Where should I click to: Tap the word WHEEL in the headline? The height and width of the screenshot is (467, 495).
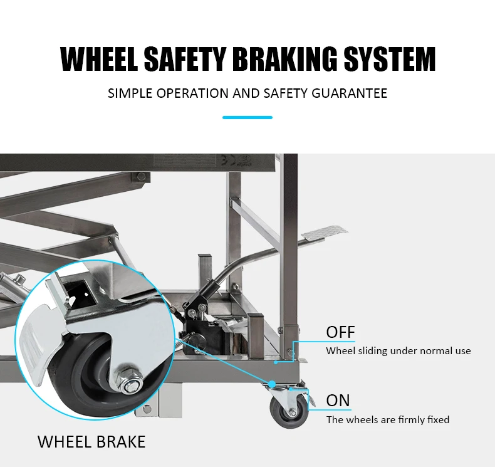click(x=99, y=59)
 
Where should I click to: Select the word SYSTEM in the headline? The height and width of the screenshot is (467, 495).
click(x=390, y=59)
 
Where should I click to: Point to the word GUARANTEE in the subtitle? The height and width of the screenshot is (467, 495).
click(x=350, y=93)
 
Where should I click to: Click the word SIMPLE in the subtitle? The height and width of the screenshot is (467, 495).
click(x=130, y=93)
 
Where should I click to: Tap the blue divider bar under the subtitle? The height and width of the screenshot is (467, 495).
click(x=247, y=117)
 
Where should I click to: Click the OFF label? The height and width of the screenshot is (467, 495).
click(x=341, y=332)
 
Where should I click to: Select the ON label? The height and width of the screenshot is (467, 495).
click(x=338, y=401)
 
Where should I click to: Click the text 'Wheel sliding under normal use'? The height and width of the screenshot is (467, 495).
click(x=399, y=351)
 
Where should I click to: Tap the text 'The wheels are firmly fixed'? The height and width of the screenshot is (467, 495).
click(x=388, y=419)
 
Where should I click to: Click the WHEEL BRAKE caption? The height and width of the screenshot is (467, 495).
click(x=91, y=441)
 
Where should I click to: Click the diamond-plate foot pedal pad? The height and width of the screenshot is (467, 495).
click(x=324, y=232)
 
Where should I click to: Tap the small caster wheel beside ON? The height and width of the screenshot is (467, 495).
click(x=288, y=411)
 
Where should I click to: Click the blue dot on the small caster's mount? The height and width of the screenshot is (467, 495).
click(x=271, y=384)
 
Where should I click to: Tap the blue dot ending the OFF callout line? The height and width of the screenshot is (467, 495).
click(x=276, y=362)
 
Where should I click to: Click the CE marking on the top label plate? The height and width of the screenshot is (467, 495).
click(x=228, y=160)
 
